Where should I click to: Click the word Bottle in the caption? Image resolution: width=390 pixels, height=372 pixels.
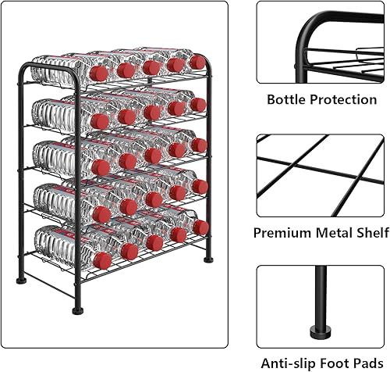[286, 100]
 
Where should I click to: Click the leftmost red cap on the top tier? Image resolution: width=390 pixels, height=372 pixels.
[100, 73]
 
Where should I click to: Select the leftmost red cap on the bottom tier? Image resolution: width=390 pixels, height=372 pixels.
[100, 253]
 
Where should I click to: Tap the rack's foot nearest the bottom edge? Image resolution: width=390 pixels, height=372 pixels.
[76, 309]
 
